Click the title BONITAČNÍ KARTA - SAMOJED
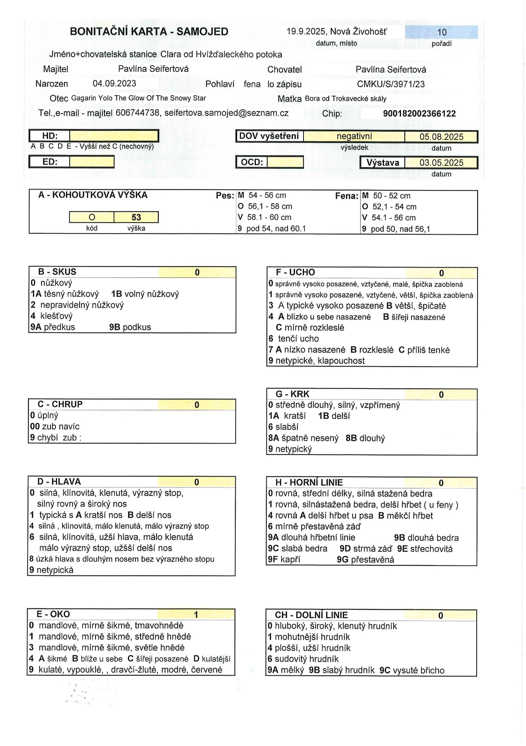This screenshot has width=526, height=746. [x=149, y=32]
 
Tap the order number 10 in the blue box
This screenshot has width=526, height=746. [x=442, y=32]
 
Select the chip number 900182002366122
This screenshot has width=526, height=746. [x=419, y=113]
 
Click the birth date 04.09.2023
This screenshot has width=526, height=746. [x=115, y=84]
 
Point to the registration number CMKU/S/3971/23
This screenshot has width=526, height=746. [x=391, y=84]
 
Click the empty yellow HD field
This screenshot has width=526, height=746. [x=114, y=136]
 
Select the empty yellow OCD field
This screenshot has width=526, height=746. [x=285, y=162]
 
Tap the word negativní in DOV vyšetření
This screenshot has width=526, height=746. [x=354, y=136]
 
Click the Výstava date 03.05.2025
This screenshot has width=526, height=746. [x=441, y=163]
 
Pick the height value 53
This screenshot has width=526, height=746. [x=136, y=217]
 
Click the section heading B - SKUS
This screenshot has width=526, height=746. [x=57, y=272]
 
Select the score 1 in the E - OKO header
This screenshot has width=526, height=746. [x=196, y=614]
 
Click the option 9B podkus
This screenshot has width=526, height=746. [x=130, y=327]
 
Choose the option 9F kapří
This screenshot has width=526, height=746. [x=284, y=559]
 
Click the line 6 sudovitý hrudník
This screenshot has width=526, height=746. [x=303, y=659]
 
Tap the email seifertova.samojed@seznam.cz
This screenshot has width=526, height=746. [x=226, y=113]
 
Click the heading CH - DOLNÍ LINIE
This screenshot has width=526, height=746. [x=311, y=615]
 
